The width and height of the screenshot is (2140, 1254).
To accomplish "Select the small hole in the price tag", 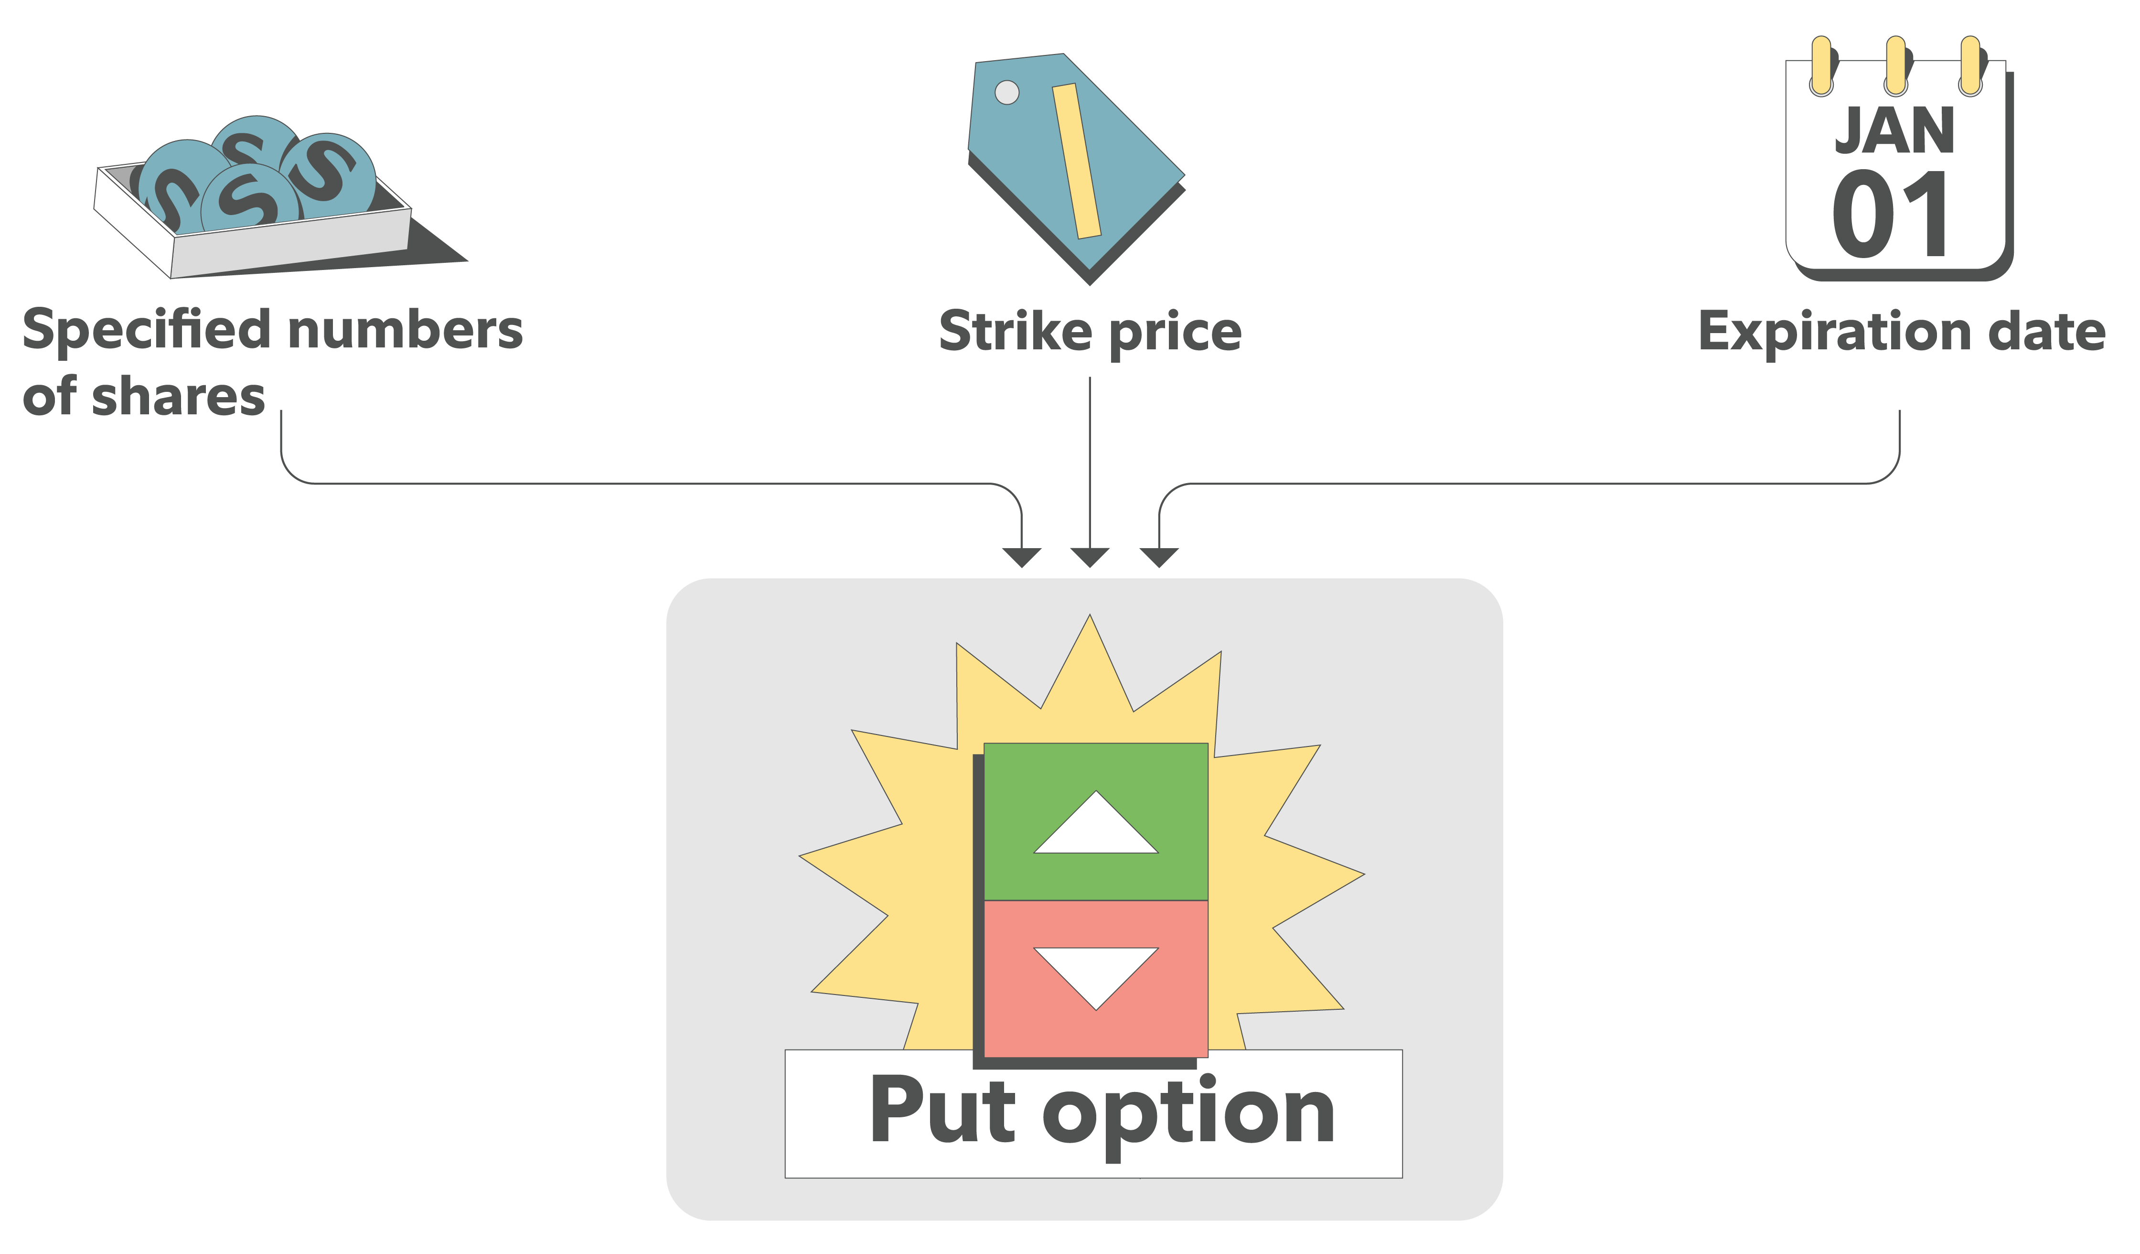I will point(1006,92).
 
